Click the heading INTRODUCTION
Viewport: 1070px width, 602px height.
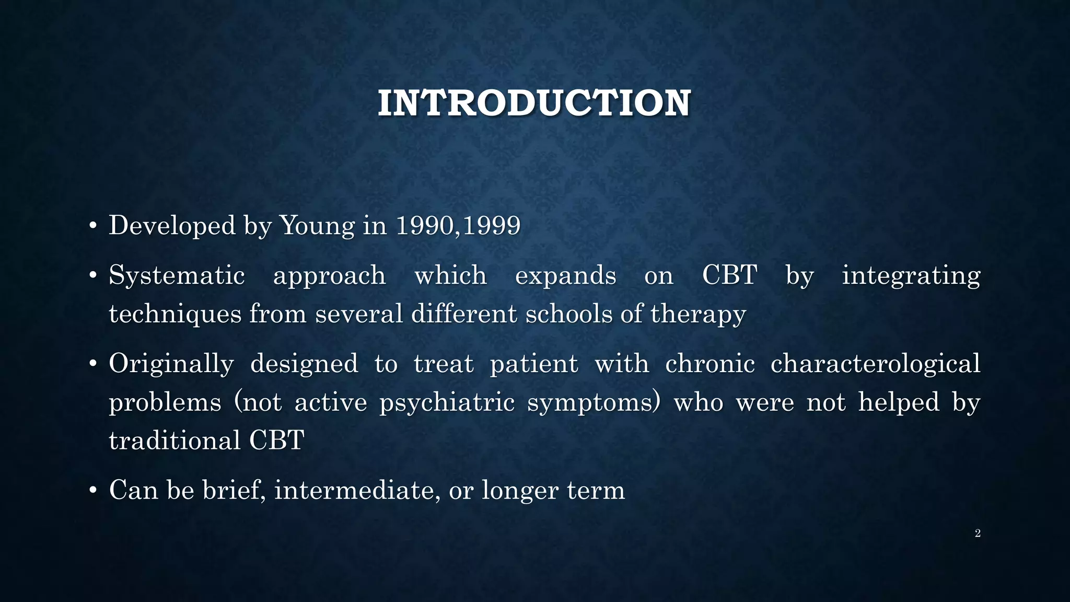[x=534, y=103]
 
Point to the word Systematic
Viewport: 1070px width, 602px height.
[x=177, y=275]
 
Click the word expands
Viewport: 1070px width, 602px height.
[x=565, y=275]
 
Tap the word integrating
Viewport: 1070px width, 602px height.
[x=911, y=275]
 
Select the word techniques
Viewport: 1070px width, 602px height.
[x=175, y=314]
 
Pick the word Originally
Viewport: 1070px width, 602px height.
[x=171, y=364]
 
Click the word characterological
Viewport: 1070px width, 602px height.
[x=875, y=364]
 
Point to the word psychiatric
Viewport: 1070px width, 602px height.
[x=447, y=402]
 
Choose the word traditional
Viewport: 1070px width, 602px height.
[x=175, y=440]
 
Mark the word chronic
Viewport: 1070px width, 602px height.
[x=710, y=364]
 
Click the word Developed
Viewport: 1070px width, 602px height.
[x=172, y=226]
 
